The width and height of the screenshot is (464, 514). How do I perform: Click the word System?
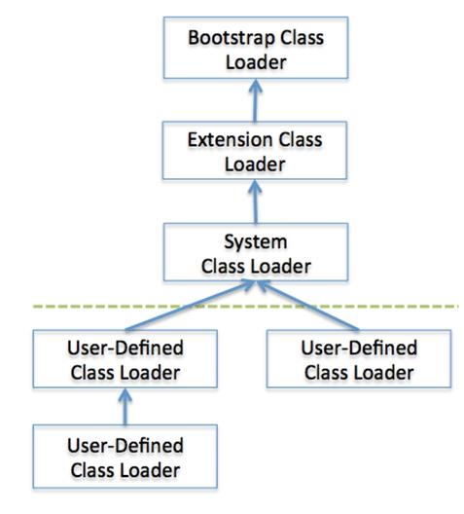point(256,242)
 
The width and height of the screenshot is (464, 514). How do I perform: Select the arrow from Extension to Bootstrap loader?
point(256,100)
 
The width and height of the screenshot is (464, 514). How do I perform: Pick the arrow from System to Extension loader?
point(256,202)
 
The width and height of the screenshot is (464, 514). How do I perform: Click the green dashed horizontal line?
point(245,307)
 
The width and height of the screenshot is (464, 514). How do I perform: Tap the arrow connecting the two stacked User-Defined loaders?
point(125,407)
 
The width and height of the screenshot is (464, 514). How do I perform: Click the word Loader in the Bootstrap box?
point(256,62)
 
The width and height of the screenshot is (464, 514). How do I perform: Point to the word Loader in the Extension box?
point(255,165)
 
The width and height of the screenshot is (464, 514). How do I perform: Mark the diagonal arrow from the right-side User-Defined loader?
point(307,306)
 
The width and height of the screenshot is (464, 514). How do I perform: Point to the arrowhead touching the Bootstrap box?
point(256,86)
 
